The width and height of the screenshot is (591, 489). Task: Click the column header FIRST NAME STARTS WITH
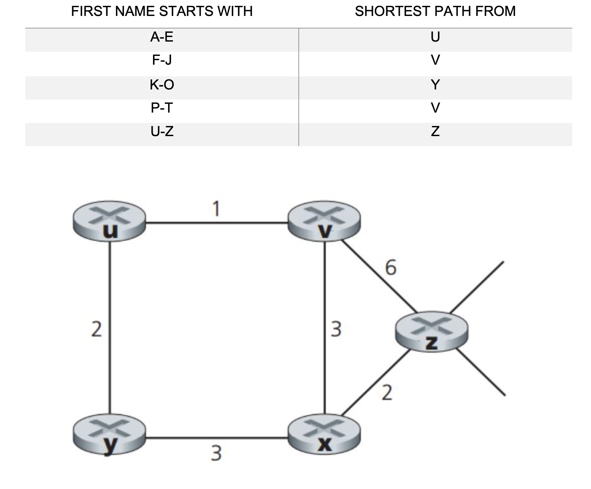tap(162, 11)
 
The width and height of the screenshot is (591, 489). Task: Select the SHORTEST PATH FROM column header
tap(435, 11)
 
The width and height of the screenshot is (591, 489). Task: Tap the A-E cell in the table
tap(162, 37)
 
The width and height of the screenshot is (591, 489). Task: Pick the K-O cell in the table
tap(162, 85)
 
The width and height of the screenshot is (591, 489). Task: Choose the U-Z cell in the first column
tap(162, 132)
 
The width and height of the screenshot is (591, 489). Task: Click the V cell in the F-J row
tap(435, 60)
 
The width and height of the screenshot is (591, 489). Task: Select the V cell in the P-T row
tap(435, 108)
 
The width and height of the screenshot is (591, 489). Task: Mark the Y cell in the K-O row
tap(435, 85)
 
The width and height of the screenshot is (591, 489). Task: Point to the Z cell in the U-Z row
tap(435, 132)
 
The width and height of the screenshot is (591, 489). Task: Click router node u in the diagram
tap(109, 221)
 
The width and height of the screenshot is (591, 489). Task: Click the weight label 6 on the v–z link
tap(390, 268)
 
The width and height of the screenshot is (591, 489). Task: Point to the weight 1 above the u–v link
tap(216, 209)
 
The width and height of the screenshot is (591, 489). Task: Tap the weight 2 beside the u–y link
tap(96, 330)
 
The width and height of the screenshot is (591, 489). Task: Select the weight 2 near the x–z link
tap(387, 393)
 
